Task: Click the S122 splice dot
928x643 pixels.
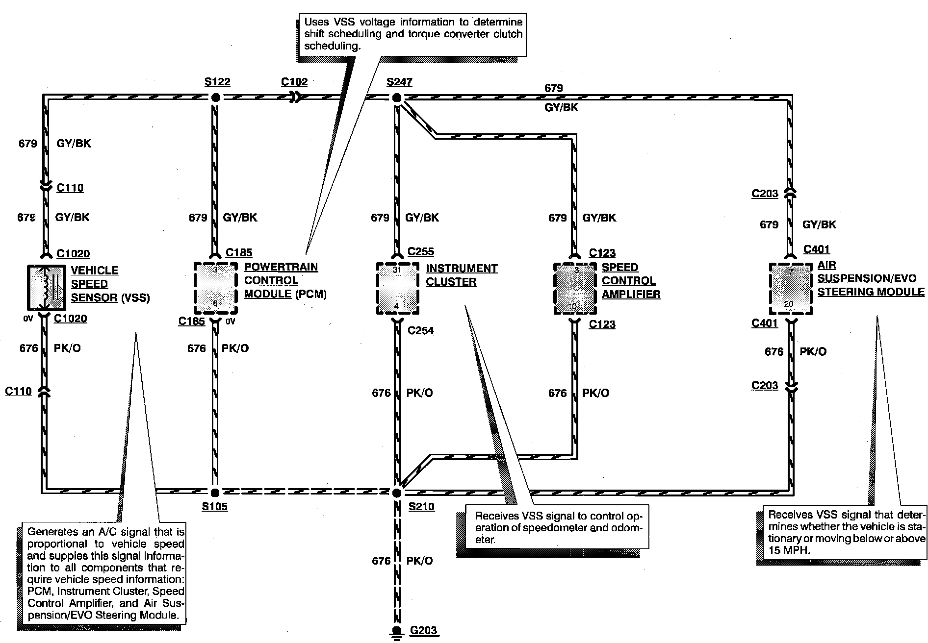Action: click(215, 97)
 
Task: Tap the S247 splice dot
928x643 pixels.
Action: click(397, 98)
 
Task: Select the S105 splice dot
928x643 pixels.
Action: click(215, 492)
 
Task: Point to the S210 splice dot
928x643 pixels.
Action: click(397, 492)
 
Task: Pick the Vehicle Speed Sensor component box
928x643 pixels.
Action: click(46, 288)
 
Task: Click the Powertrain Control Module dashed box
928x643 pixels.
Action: click(216, 288)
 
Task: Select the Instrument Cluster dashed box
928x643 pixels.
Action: click(397, 288)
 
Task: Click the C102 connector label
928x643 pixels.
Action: click(294, 82)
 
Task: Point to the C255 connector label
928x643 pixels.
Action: click(421, 252)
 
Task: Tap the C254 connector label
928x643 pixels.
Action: click(421, 331)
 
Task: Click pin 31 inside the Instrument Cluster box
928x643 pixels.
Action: click(397, 270)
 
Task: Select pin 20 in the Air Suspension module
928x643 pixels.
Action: click(789, 304)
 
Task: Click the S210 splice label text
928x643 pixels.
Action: click(421, 507)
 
